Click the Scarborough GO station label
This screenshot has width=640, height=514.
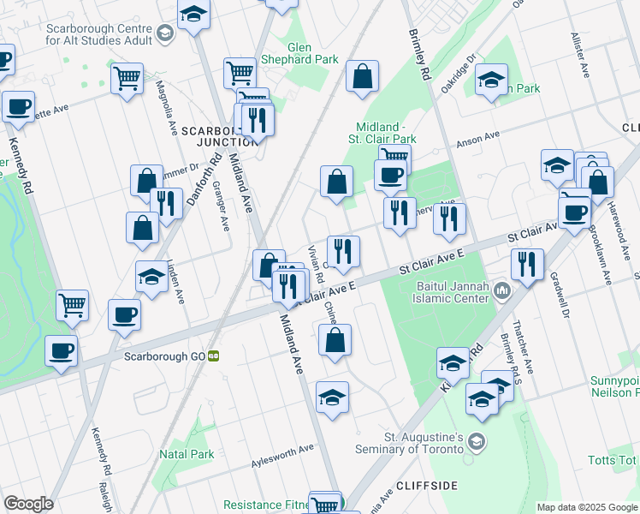164,356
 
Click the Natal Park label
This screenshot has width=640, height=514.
185,453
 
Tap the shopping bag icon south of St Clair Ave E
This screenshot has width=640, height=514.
334,339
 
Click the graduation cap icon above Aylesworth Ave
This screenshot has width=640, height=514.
332,397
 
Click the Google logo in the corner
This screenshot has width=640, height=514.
28,504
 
